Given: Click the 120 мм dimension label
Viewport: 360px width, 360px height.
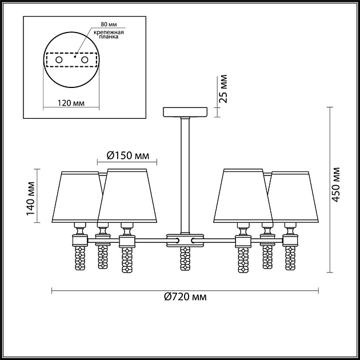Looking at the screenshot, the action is pyautogui.click(x=71, y=103).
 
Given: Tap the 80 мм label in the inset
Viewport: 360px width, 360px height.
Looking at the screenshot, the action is pyautogui.click(x=109, y=24).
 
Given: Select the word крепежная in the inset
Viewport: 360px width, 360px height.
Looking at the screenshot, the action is pyautogui.click(x=109, y=32).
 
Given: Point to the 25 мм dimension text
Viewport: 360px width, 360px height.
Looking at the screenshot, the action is pyautogui.click(x=222, y=89).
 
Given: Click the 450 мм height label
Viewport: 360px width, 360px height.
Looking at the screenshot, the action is pyautogui.click(x=336, y=185).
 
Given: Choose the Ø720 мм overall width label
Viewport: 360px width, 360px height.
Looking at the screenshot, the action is pyautogui.click(x=185, y=297).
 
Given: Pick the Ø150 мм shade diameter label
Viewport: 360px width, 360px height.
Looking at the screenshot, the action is pyautogui.click(x=128, y=155).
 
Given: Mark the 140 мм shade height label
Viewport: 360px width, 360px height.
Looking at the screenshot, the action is pyautogui.click(x=30, y=199).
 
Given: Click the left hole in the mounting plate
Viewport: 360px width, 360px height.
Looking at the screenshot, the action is pyautogui.click(x=59, y=60).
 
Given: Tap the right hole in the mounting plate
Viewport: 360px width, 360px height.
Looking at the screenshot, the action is pyautogui.click(x=85, y=60).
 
